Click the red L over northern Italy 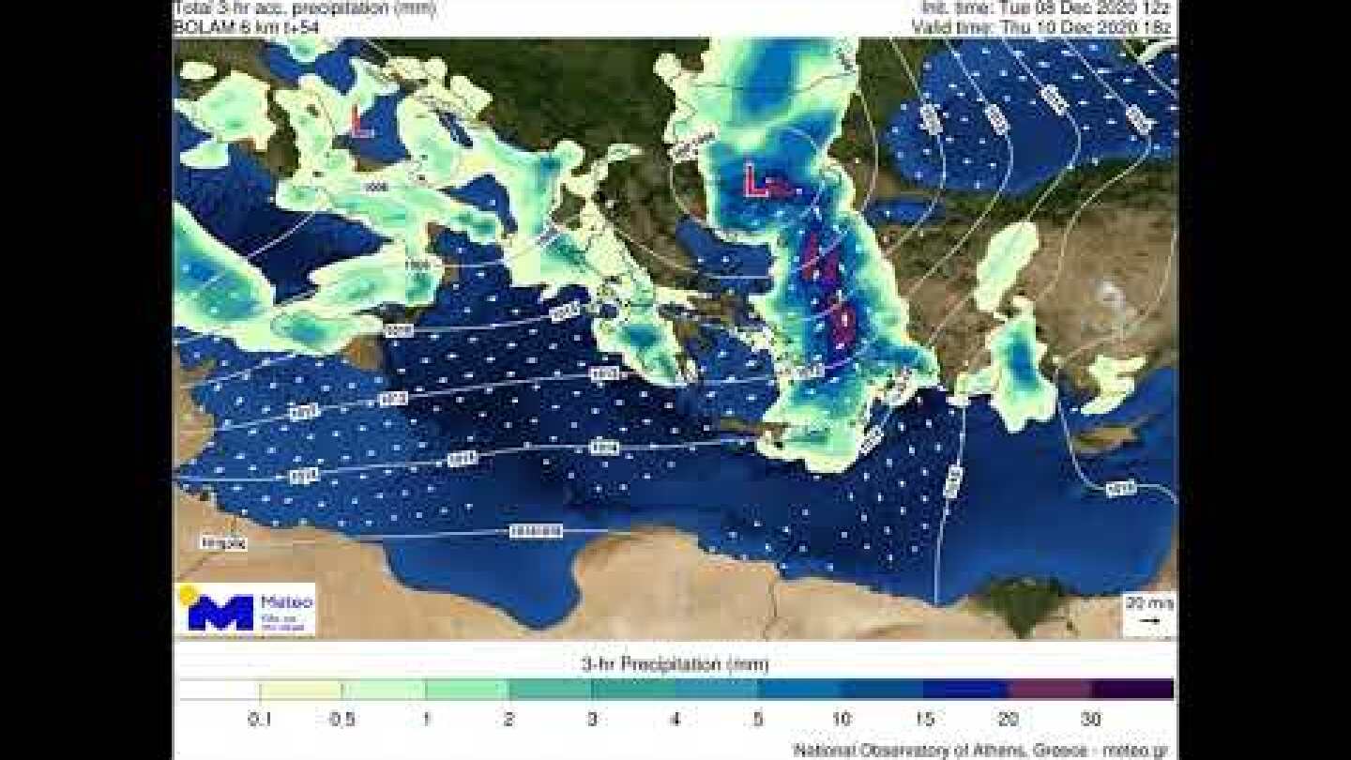tap(359, 123)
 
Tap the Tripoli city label tap(225, 542)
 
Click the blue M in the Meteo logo tap(220, 612)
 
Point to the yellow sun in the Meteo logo tap(188, 594)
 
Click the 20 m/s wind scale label tap(1149, 603)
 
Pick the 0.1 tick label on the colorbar tap(259, 720)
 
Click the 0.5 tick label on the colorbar tap(342, 720)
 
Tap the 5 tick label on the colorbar tap(758, 720)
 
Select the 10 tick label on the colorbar tap(842, 720)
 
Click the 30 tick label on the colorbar tap(1091, 720)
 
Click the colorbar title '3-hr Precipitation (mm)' tap(675, 665)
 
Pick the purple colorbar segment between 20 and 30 tap(1049, 690)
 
